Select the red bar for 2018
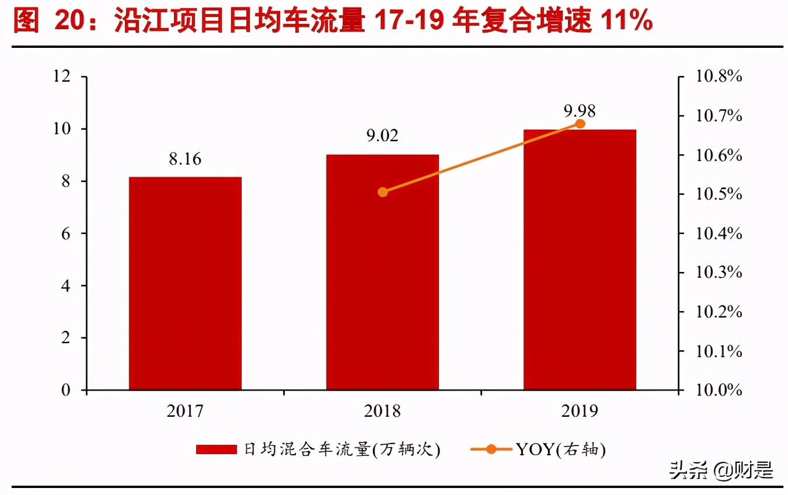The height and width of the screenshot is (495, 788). coord(382,272)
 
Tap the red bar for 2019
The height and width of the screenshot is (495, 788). coord(580,259)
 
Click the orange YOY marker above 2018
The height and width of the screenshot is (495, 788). coord(383,192)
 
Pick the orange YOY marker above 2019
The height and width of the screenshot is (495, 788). coord(580,124)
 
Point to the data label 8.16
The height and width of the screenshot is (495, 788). coord(185,159)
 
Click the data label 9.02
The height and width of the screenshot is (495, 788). coord(382,136)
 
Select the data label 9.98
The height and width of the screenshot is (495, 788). coord(580,111)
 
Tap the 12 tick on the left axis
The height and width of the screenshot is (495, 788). coord(62,76)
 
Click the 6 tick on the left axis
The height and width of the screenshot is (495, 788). coord(67,233)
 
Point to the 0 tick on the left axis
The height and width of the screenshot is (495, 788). coord(67,390)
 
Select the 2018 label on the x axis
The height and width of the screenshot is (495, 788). coord(382,412)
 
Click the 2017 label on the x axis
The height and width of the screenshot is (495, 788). coord(185,412)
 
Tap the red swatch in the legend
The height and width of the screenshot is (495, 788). coord(216,449)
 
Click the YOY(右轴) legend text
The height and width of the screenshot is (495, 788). coord(560,449)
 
